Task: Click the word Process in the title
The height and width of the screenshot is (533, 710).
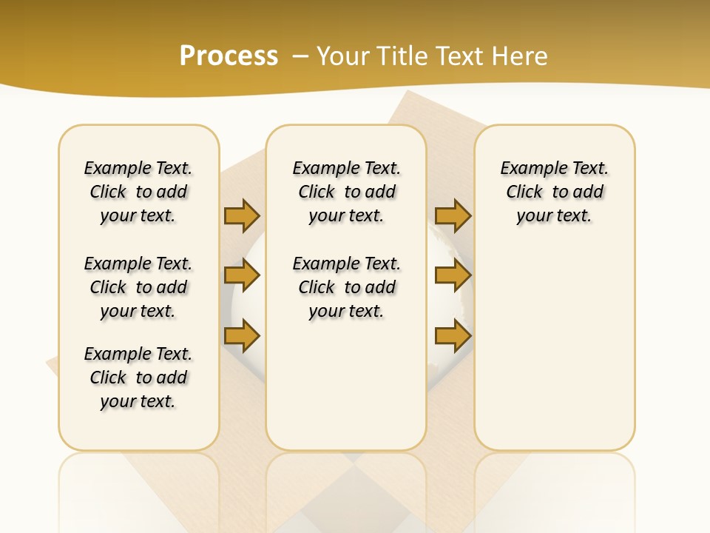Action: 229,56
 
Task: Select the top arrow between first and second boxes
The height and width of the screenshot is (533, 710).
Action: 242,215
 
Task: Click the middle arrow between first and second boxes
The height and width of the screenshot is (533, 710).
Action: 242,276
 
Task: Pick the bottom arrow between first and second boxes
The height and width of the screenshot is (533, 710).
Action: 242,336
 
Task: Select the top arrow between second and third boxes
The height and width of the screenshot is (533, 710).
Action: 453,215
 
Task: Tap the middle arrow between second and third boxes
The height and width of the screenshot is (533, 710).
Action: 453,276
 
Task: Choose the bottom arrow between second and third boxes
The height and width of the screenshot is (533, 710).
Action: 453,336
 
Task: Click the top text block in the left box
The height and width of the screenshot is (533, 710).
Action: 138,192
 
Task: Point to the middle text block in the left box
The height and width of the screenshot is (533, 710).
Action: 138,287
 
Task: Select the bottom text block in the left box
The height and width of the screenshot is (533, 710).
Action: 138,378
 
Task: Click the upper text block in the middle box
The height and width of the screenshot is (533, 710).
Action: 346,192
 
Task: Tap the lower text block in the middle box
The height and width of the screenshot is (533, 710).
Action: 346,287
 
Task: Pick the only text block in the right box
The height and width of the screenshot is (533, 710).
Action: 555,192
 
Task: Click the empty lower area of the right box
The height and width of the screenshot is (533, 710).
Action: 555,355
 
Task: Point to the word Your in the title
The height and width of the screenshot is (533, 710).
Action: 344,56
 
